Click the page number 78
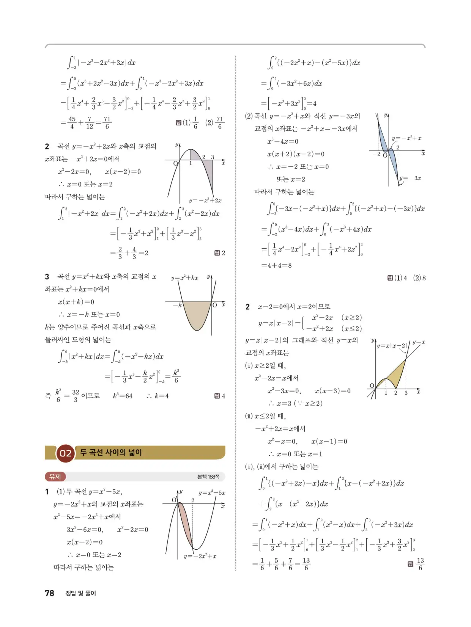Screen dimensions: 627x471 [x=50, y=593]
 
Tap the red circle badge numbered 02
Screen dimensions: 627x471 [x=65, y=453]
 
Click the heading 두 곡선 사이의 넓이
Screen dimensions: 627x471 [x=111, y=452]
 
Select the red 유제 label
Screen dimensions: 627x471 [x=55, y=477]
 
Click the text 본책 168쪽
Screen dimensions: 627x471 [x=208, y=477]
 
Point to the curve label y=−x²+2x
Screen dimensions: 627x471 [x=205, y=201]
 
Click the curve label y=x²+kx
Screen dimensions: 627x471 [x=184, y=277]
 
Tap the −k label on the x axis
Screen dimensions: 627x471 [x=177, y=305]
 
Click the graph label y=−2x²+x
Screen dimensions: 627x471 [x=200, y=556]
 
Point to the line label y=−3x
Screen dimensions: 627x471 [x=410, y=178]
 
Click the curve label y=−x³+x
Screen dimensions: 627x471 [x=406, y=138]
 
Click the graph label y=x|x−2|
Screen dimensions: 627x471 [x=392, y=346]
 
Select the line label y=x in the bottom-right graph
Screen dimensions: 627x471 [x=419, y=342]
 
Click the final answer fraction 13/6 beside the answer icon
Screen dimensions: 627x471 [x=420, y=564]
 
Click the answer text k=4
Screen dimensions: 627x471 [x=162, y=396]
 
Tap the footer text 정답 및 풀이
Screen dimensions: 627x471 [x=81, y=593]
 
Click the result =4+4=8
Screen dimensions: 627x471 [x=276, y=265]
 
